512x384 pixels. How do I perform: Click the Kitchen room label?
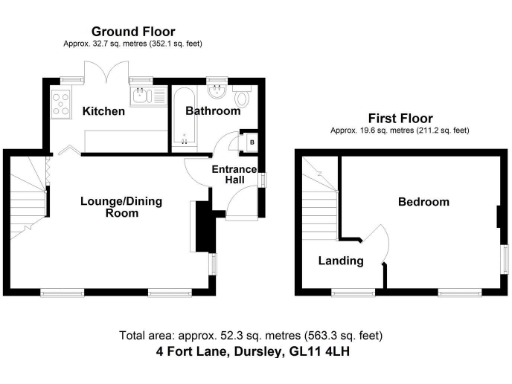coord(104,111)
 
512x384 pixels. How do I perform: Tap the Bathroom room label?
coord(213,111)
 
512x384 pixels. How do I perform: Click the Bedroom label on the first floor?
coord(424,202)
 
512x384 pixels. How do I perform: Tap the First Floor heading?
coord(401,117)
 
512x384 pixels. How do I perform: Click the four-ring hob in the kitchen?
coord(58,99)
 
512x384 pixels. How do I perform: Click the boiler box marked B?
coord(251,141)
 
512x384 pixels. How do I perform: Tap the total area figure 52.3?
coord(215,336)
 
